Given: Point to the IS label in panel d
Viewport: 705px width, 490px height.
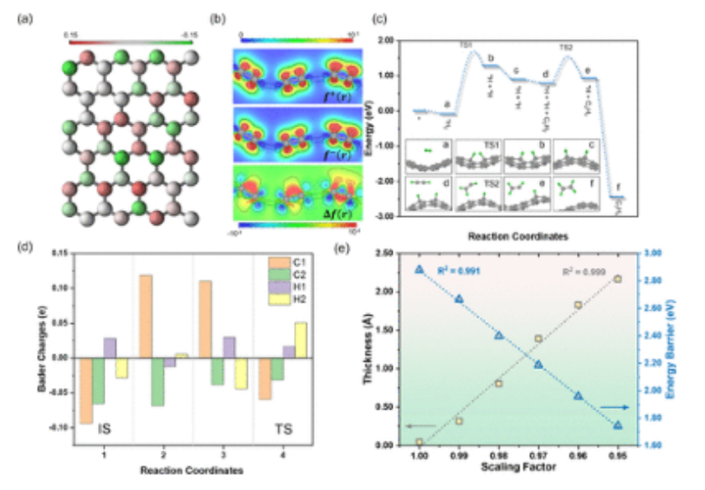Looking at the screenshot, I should pyautogui.click(x=105, y=429).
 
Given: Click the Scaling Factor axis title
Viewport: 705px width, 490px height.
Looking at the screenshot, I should pyautogui.click(x=518, y=465).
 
